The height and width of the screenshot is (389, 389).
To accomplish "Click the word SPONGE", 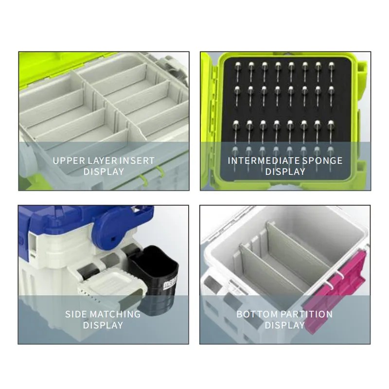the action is coord(322,161).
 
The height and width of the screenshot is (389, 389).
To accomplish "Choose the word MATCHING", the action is coord(115,314).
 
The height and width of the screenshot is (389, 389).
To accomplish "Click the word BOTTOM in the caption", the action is coord(257,314).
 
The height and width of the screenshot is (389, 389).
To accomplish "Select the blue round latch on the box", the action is coord(112,230).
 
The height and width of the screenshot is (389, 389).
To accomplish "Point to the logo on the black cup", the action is coord(170,283).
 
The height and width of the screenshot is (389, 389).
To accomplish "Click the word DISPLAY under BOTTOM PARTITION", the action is coord(285,325).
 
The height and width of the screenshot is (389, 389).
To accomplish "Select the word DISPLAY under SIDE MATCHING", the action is coord(103,325).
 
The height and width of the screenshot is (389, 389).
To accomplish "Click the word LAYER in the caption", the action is coord(102,161).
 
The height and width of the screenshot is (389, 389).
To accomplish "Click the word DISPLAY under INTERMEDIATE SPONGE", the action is coord(285,172).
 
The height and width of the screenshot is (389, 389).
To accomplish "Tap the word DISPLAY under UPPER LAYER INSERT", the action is coord(104,172).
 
